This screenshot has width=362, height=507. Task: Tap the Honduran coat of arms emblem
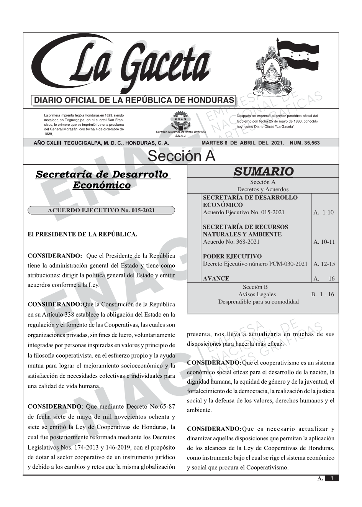coord(270,71)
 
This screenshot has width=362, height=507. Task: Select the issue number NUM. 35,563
coord(305,143)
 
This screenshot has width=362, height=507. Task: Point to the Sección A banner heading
coord(181,156)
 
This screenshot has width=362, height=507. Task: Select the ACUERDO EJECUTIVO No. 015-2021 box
coord(101,210)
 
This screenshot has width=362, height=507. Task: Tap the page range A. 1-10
coord(324,212)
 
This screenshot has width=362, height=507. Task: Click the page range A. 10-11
coord(324,242)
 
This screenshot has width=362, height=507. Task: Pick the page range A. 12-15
coord(324,264)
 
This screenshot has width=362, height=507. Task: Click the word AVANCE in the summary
coord(216,279)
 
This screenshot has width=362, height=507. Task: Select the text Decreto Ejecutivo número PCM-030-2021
coord(255,264)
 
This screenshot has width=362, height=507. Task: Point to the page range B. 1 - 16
coord(322,294)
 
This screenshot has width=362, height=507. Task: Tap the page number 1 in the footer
coord(332,478)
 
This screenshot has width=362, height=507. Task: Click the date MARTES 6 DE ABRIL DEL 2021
coord(242,143)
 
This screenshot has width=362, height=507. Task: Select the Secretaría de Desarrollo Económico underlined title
coord(102,180)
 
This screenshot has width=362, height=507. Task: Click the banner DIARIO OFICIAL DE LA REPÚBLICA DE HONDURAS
coord(134,100)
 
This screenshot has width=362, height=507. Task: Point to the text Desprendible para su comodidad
coord(258,302)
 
